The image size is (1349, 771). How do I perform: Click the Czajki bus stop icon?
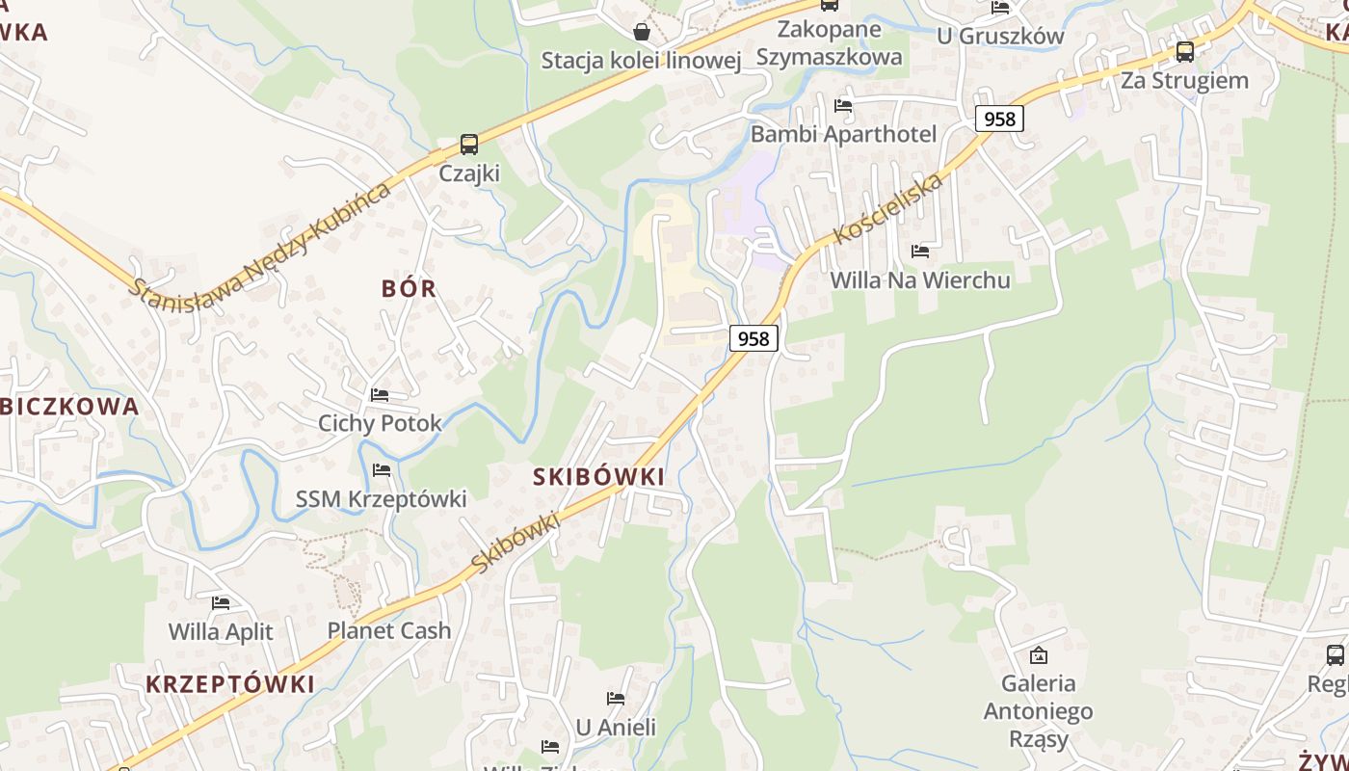tap(469, 145)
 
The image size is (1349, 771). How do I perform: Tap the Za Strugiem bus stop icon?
tap(1185, 52)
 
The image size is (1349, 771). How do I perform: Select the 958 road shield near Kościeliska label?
tap(754, 338)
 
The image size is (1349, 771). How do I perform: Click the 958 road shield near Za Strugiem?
tap(999, 119)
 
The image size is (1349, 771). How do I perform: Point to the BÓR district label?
tap(409, 288)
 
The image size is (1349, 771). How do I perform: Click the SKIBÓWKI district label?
tap(598, 477)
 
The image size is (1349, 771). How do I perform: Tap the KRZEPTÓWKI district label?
tap(230, 684)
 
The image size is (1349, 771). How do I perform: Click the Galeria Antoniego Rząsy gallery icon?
tap(1039, 655)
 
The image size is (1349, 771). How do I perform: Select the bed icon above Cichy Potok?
tap(380, 395)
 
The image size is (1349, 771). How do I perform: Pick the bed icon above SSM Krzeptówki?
tap(382, 470)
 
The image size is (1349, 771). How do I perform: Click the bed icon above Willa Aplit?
tap(221, 603)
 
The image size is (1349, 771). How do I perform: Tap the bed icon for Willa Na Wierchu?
tap(920, 252)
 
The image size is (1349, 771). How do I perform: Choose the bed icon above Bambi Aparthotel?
tap(843, 106)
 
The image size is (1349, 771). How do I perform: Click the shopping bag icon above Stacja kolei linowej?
tap(642, 32)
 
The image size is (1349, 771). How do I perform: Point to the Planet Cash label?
tap(389, 631)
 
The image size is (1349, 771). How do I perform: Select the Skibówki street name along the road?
tap(516, 544)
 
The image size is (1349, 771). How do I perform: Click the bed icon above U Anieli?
tap(616, 698)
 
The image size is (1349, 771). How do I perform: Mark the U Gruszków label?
tap(1001, 37)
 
